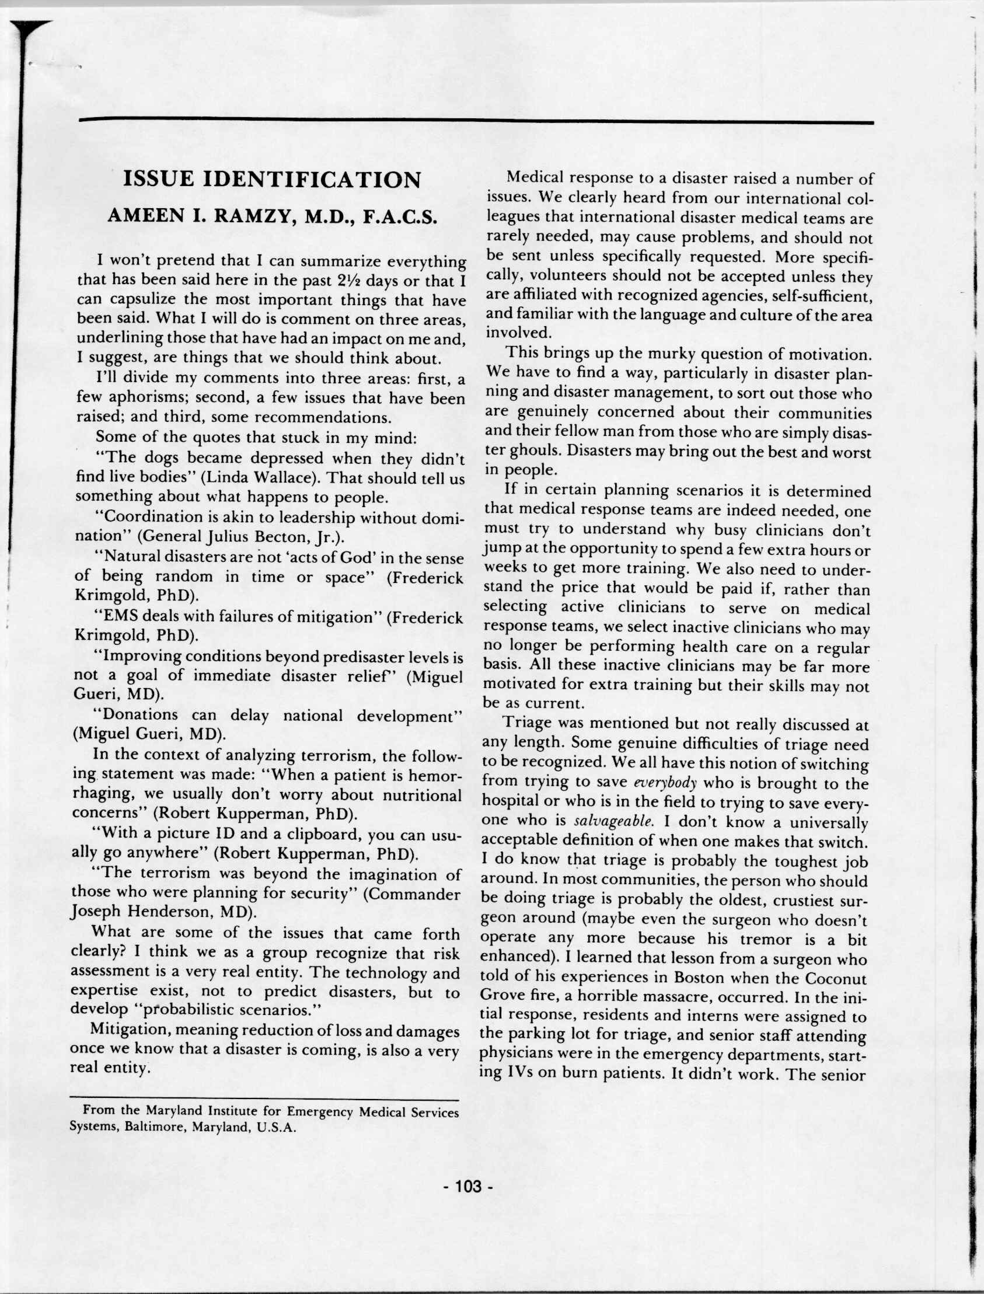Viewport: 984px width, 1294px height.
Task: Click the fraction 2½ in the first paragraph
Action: pos(349,281)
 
